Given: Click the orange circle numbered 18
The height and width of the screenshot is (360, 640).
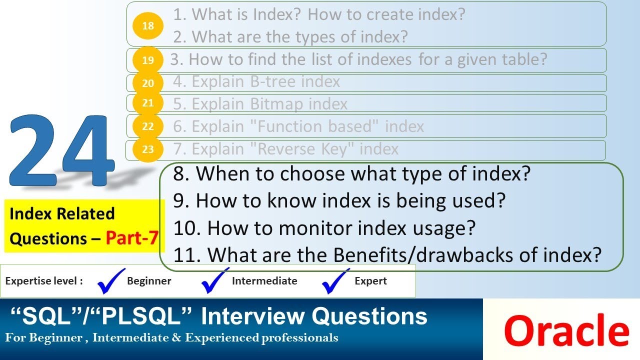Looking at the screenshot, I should point(148,25).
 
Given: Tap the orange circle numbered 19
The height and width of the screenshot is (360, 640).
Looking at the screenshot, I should point(148,60).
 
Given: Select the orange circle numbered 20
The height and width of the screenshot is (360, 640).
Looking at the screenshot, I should point(148,83).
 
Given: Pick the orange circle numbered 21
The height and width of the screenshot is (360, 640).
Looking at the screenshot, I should point(148,103).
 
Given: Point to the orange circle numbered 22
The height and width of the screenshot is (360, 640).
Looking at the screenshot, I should point(148,126).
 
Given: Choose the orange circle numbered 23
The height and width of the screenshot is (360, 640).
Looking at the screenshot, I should point(148,149).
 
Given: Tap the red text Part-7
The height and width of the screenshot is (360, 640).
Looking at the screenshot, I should point(132,239).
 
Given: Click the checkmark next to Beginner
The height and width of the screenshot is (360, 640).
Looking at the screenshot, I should point(111,281).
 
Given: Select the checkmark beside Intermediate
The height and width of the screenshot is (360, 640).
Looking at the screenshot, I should point(215,281).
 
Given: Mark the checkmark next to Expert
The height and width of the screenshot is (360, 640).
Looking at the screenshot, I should point(335,281).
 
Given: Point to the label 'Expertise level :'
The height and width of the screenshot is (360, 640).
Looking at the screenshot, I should point(44,281).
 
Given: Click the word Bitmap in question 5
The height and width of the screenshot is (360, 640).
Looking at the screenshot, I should point(276,104).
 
